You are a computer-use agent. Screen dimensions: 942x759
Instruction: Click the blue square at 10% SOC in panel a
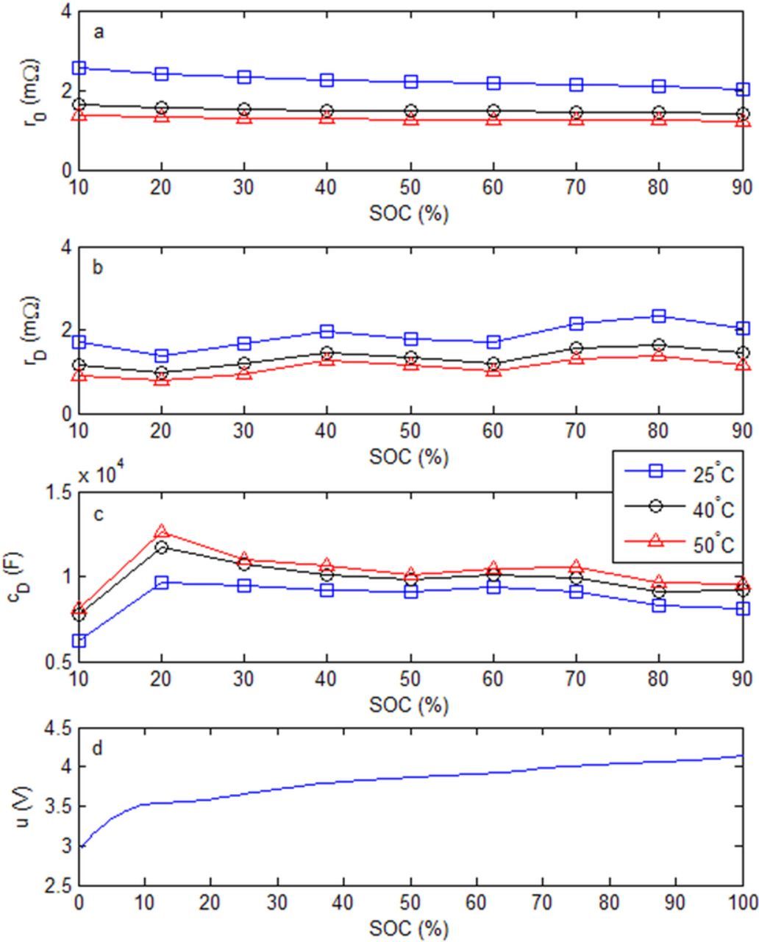[79, 68]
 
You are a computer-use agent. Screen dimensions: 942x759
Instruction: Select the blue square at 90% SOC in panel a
[742, 90]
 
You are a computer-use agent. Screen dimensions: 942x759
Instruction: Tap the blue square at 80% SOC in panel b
[659, 316]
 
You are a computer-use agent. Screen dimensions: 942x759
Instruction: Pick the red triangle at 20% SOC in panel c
[162, 531]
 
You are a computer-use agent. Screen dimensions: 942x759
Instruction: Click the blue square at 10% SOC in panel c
[79, 641]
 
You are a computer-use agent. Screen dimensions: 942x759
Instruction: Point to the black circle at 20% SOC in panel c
[162, 547]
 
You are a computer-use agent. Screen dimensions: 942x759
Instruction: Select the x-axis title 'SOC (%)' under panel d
[409, 929]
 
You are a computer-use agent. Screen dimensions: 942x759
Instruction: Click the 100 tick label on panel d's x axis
[741, 902]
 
